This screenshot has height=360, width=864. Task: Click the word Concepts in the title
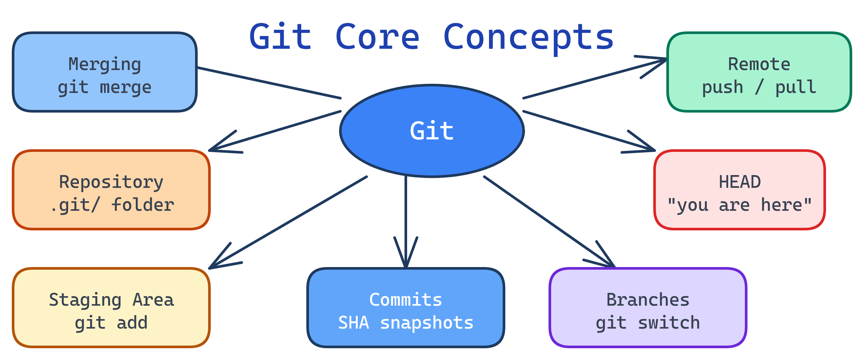coord(529,37)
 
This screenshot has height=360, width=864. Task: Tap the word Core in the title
coord(377,37)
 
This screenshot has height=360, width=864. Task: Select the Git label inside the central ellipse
coord(432,131)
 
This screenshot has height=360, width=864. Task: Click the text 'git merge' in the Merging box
coord(105,88)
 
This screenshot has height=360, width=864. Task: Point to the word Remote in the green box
coord(759,64)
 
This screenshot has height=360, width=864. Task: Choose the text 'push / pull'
coord(759,87)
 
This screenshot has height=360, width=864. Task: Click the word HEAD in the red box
coord(740,182)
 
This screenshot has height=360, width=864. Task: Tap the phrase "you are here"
coord(740,205)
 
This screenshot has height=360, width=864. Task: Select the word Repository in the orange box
coord(111,182)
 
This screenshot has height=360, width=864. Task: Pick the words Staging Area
coord(111,300)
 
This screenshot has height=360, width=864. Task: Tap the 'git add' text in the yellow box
coord(111,323)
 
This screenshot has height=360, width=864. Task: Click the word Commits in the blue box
coord(405,300)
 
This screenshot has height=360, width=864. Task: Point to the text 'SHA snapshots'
coord(405,323)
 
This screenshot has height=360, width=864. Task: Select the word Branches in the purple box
coord(648,300)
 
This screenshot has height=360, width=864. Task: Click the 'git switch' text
coord(648,323)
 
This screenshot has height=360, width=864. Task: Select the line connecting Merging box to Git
coord(268,83)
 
